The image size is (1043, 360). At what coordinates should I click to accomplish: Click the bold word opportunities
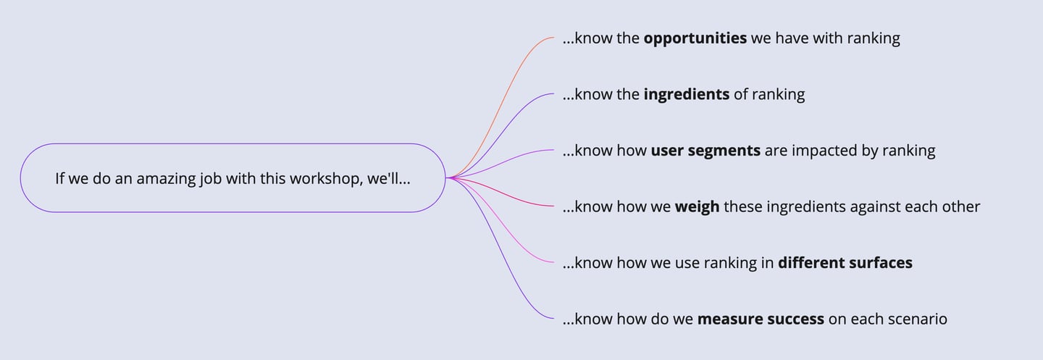(695, 38)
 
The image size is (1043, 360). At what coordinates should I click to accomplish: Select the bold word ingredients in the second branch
(687, 95)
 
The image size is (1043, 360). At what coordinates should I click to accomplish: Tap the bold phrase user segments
(705, 151)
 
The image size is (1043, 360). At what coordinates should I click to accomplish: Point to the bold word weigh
(697, 207)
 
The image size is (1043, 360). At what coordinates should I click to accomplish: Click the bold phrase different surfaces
(845, 263)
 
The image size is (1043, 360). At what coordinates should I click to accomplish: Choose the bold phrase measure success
(761, 319)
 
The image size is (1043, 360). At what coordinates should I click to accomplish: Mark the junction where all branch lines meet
(448, 178)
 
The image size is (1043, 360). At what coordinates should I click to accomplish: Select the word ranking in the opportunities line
(874, 38)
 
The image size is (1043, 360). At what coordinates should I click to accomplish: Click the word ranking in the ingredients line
(778, 95)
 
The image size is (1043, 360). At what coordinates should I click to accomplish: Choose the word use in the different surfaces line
(687, 264)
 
